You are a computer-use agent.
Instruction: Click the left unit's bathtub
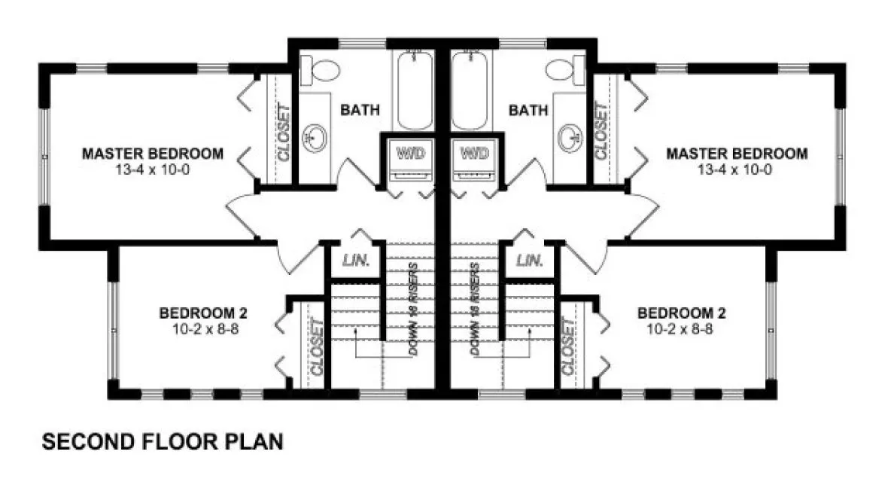click(x=413, y=90)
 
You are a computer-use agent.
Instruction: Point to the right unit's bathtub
click(x=473, y=90)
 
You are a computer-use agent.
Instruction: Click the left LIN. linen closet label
click(x=356, y=261)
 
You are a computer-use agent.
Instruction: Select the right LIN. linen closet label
click(x=530, y=261)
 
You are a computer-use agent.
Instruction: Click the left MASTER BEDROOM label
click(x=153, y=154)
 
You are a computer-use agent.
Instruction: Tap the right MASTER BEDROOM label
click(x=737, y=154)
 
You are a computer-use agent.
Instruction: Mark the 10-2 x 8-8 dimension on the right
click(x=682, y=328)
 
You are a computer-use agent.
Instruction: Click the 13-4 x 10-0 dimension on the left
click(x=153, y=169)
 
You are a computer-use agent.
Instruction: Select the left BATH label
click(x=360, y=111)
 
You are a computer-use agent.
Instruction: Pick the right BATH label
click(x=528, y=111)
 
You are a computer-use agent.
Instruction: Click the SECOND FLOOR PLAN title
click(x=163, y=441)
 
